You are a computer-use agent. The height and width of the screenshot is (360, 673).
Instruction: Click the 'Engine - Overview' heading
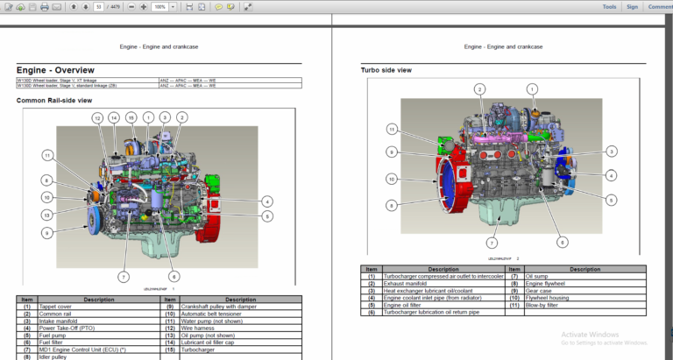(55, 70)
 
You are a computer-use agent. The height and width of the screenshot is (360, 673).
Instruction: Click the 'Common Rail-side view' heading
(54, 101)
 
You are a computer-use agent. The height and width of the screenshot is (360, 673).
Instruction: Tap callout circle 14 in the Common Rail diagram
(114, 117)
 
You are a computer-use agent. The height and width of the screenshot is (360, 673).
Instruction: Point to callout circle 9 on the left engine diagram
(46, 233)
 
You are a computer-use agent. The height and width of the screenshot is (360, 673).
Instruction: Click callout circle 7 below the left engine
(124, 277)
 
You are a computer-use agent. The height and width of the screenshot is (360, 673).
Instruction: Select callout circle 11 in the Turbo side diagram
(392, 129)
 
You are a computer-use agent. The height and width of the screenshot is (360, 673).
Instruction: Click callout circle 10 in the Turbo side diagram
(392, 179)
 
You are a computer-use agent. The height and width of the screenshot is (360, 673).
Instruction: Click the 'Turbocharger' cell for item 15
(201, 349)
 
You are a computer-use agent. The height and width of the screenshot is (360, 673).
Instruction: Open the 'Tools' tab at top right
(609, 7)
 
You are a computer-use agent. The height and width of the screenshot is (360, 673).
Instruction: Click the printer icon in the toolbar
(44, 7)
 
